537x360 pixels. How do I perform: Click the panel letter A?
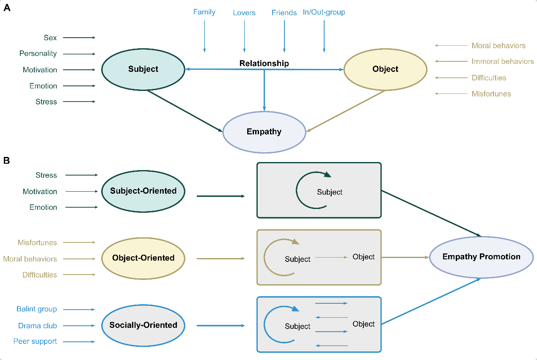click(x=7, y=8)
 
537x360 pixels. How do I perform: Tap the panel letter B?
click(x=7, y=161)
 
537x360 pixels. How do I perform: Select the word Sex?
click(x=50, y=38)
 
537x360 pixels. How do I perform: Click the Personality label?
click(x=38, y=54)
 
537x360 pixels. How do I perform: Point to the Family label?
click(x=204, y=12)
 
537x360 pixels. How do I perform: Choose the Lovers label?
click(x=244, y=13)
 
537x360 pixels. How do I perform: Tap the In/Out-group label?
click(x=324, y=12)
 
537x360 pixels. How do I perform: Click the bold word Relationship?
click(x=264, y=63)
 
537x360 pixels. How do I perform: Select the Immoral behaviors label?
click(x=503, y=61)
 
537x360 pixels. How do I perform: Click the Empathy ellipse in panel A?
click(x=264, y=132)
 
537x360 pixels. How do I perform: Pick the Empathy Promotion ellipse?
click(x=481, y=257)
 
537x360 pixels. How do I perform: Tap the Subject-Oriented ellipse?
click(x=143, y=191)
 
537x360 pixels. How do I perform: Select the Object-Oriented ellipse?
click(x=143, y=258)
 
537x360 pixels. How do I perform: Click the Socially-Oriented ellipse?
click(x=143, y=325)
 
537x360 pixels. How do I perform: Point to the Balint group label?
click(x=37, y=309)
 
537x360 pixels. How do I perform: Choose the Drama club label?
click(x=38, y=326)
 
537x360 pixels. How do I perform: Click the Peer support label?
click(x=35, y=341)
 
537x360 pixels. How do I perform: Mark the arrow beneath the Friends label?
click(x=284, y=36)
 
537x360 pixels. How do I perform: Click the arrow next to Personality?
click(x=80, y=54)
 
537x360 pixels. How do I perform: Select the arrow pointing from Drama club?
click(x=80, y=326)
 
